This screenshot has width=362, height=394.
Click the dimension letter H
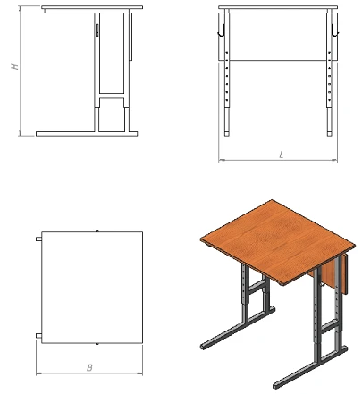click(x=15, y=66)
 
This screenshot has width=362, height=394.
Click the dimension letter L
click(x=281, y=155)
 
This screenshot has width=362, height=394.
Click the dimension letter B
click(x=89, y=368)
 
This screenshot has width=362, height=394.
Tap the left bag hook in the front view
click(x=222, y=30)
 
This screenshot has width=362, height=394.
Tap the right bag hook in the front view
click(x=334, y=30)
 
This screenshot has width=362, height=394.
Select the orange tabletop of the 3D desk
click(x=278, y=242)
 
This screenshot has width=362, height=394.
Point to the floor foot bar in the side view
click(x=87, y=134)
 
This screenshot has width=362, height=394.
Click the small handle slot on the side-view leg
click(x=97, y=30)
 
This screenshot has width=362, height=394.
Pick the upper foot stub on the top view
click(x=38, y=239)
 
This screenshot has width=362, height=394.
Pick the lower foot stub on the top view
click(x=38, y=336)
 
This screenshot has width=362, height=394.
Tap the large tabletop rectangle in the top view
click(x=92, y=288)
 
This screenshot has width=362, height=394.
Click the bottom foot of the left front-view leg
click(x=227, y=134)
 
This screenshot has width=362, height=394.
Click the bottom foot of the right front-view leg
click(x=329, y=134)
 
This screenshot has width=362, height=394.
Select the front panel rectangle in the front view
click(x=278, y=37)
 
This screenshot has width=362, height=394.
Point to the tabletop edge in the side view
click(x=92, y=7)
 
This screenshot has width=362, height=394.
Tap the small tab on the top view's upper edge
click(x=97, y=231)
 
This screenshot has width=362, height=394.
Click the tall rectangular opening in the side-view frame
click(x=112, y=53)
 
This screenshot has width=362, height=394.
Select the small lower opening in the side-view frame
click(x=112, y=114)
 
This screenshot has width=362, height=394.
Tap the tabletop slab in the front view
click(x=278, y=7)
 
